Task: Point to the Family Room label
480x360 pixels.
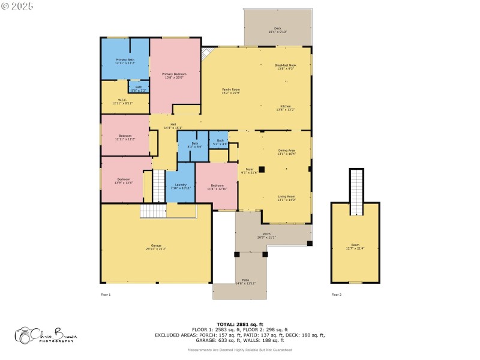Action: coord(231,91)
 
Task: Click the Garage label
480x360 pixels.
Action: coord(156,247)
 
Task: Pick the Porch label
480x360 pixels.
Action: coord(266,235)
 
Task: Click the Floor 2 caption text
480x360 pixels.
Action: coord(337,295)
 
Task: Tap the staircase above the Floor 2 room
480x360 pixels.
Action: coord(357,191)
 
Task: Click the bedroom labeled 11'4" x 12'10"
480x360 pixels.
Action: coord(217,187)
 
